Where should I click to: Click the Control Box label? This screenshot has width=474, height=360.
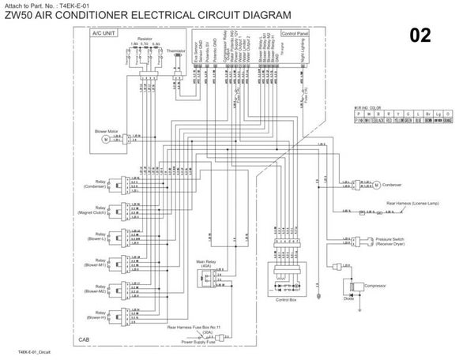point(285,300)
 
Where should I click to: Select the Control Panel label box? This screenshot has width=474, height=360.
point(294,35)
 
